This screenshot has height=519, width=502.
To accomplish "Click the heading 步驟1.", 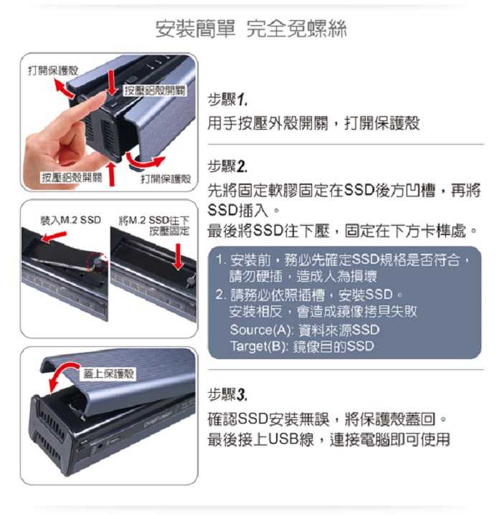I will coord(227,98).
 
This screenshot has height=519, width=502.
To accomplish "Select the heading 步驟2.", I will coord(227,166).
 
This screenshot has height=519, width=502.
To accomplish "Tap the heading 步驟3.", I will coord(227,394).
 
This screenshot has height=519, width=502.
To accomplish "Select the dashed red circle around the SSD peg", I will coord(96,264).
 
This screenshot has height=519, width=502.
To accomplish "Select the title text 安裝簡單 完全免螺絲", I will coord(251,29).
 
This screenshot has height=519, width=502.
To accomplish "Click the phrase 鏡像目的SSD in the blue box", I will coord(336,346).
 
